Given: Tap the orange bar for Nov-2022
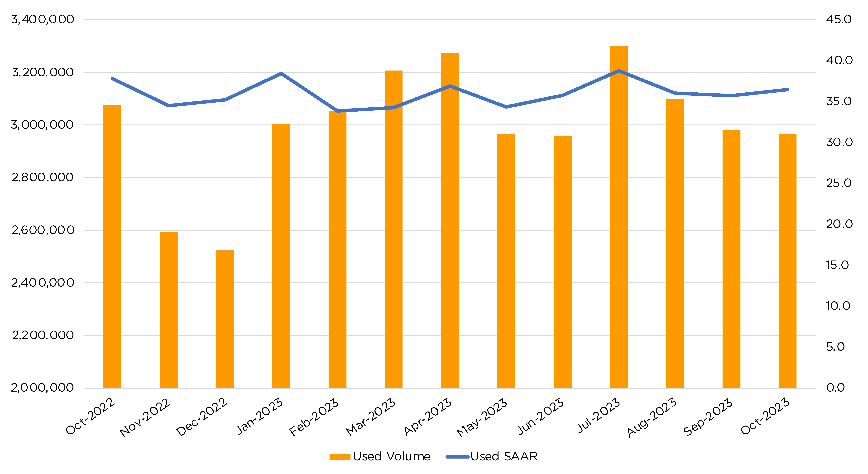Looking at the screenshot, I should [x=168, y=310].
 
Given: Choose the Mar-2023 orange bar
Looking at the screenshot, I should [x=393, y=229].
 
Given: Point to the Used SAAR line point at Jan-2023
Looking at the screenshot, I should [x=281, y=73].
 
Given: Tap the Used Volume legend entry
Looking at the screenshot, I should [x=380, y=456].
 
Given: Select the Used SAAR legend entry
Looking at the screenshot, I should [x=492, y=456].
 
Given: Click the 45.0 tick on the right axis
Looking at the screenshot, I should [x=838, y=19].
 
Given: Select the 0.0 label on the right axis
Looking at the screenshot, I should [x=835, y=388].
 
